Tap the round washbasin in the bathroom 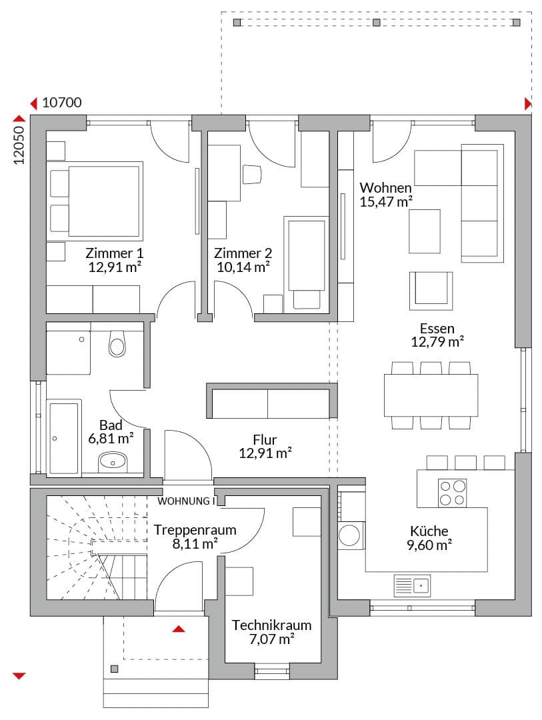coord(113,461)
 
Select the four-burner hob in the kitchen coord(452,493)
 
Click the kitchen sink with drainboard coord(412,585)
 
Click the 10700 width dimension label coord(62,103)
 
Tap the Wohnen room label coord(385,188)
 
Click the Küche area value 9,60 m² coord(429,545)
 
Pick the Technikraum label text coord(271,625)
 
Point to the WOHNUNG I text coord(186,501)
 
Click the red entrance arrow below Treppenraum coord(179,629)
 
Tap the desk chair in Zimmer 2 coord(252,175)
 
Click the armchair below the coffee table coord(431,291)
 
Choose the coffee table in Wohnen coord(425,231)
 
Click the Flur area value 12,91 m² coord(265,453)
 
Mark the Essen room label coord(437,328)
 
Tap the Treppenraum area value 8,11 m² coord(195,544)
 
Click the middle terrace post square coord(377,22)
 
